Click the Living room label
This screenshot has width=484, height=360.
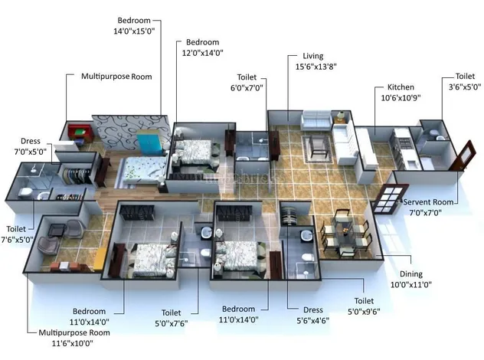(313, 56)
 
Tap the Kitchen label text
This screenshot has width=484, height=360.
(400, 87)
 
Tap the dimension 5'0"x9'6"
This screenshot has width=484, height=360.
(363, 313)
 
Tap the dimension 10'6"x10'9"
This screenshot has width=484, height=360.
(400, 99)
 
